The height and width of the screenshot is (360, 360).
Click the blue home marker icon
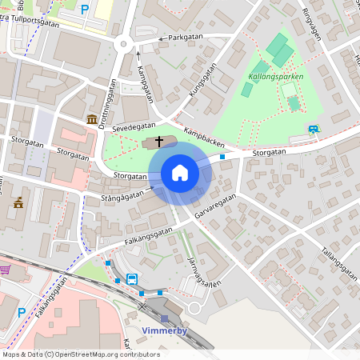pyautogui.click(x=180, y=173)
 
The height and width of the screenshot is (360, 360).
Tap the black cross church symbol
pyautogui.click(x=159, y=142)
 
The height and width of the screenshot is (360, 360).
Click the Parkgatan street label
pyautogui.click(x=180, y=37)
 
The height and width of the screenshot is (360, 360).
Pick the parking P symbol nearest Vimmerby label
pyautogui.click(x=22, y=312)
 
